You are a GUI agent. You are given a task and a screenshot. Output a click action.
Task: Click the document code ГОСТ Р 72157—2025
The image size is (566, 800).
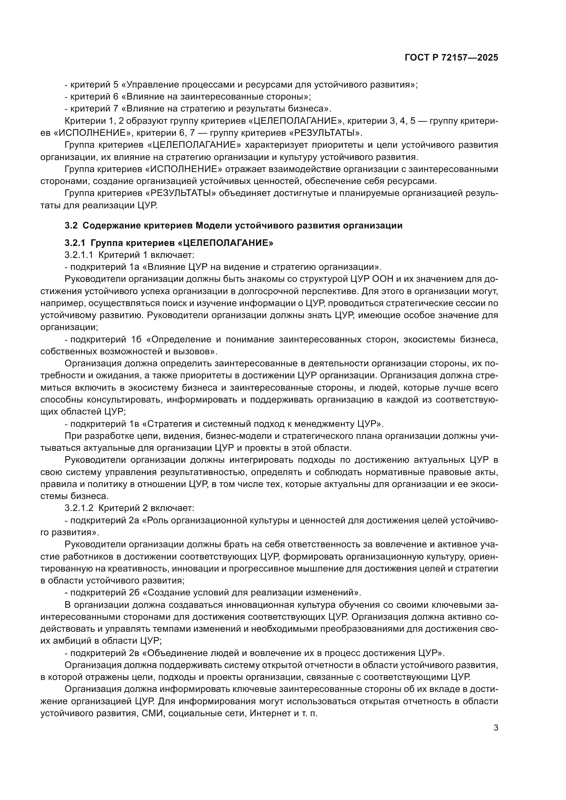(x=451, y=58)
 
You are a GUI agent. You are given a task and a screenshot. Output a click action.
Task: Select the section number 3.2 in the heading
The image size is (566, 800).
(x=70, y=225)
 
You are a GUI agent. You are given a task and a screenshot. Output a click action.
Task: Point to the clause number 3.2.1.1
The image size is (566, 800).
(x=79, y=255)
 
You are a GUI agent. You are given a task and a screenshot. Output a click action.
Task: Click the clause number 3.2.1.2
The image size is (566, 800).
(x=79, y=508)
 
